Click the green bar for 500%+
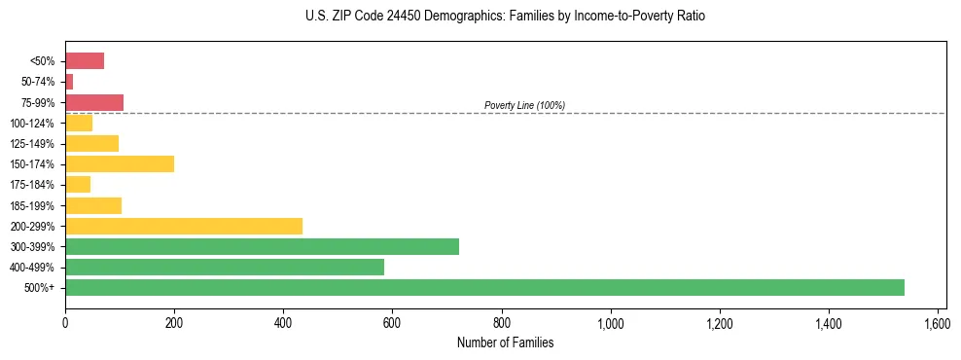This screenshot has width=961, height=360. (x=484, y=287)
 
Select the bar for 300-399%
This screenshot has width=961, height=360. (x=262, y=246)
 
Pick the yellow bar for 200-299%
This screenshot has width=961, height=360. (x=184, y=226)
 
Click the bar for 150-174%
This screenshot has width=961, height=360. (x=120, y=163)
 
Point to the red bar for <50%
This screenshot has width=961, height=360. (x=85, y=61)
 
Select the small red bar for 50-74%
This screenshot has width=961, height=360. (x=69, y=82)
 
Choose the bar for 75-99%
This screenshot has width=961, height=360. (x=94, y=102)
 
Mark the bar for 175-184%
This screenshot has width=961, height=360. (x=78, y=184)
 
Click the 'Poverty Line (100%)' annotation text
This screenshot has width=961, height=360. (x=524, y=105)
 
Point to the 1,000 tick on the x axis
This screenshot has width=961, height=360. (x=611, y=321)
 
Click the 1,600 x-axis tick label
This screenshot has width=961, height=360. (x=938, y=321)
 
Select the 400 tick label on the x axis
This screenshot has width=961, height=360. (x=283, y=321)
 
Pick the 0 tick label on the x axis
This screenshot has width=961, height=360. (x=65, y=321)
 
